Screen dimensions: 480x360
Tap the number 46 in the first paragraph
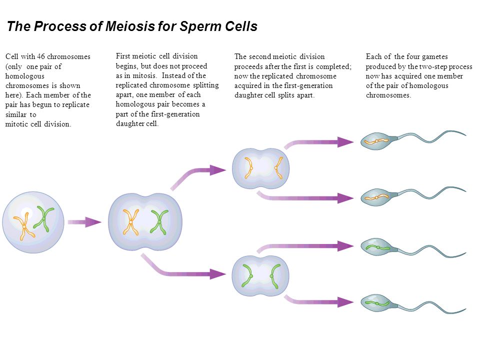coord(41,56)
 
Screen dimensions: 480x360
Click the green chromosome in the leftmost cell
coord(44,218)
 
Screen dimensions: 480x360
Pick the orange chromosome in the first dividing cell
coord(130,222)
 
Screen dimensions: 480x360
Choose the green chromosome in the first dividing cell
coord(159,222)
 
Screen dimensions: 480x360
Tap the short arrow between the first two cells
coord(84,222)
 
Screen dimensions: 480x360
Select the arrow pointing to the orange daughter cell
coord(196,174)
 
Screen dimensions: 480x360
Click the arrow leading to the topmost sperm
coord(318,142)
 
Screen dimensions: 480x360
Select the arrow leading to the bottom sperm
coord(318,302)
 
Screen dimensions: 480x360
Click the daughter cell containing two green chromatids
coord(260,276)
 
